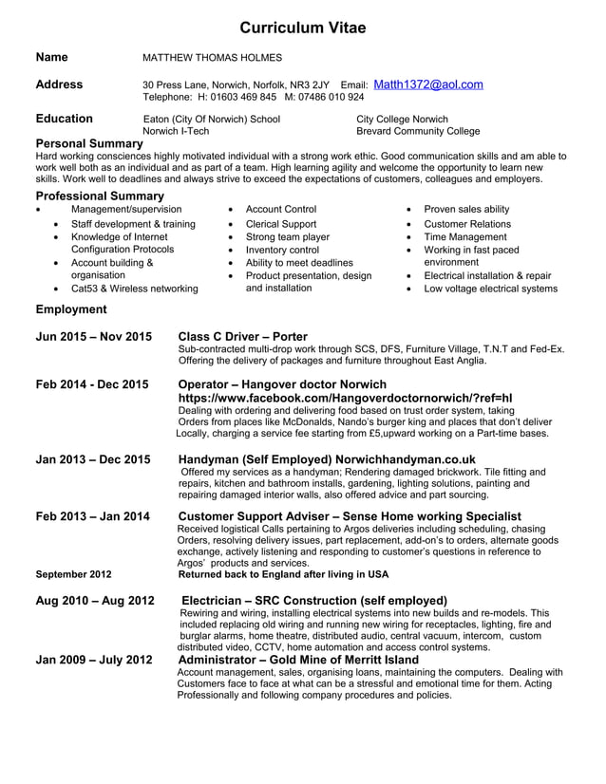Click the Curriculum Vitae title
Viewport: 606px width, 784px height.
pos(302,28)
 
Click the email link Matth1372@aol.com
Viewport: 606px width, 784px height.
pos(428,84)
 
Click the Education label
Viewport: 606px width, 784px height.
pos(64,119)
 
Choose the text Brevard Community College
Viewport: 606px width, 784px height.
pos(417,132)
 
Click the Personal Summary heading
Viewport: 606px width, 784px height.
pos(88,143)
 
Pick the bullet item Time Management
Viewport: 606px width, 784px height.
pos(465,236)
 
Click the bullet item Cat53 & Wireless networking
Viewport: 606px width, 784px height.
pos(135,289)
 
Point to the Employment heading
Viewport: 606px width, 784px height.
pos(71,309)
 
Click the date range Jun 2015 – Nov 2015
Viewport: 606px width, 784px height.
pos(93,337)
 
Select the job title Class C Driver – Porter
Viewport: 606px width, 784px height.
pos(243,337)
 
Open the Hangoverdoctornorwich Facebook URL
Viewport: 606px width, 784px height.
pos(346,398)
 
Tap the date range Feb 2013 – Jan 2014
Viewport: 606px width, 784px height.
pos(92,516)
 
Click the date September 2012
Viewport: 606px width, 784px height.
pos(73,574)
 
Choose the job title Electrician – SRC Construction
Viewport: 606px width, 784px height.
pos(313,601)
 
